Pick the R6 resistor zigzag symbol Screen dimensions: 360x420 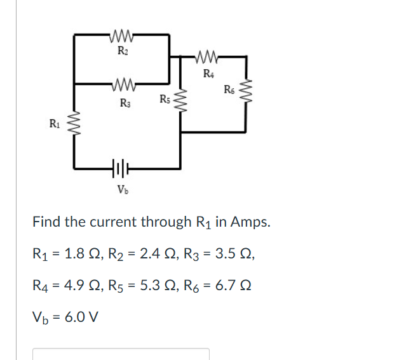[x=247, y=92]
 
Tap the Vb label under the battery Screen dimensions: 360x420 [x=121, y=189]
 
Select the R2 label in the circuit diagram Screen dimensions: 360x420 [x=122, y=50]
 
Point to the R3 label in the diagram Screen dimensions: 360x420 [x=123, y=102]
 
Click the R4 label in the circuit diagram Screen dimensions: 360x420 [x=208, y=75]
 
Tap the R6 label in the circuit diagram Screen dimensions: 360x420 [x=229, y=89]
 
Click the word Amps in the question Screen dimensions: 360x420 [x=251, y=222]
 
